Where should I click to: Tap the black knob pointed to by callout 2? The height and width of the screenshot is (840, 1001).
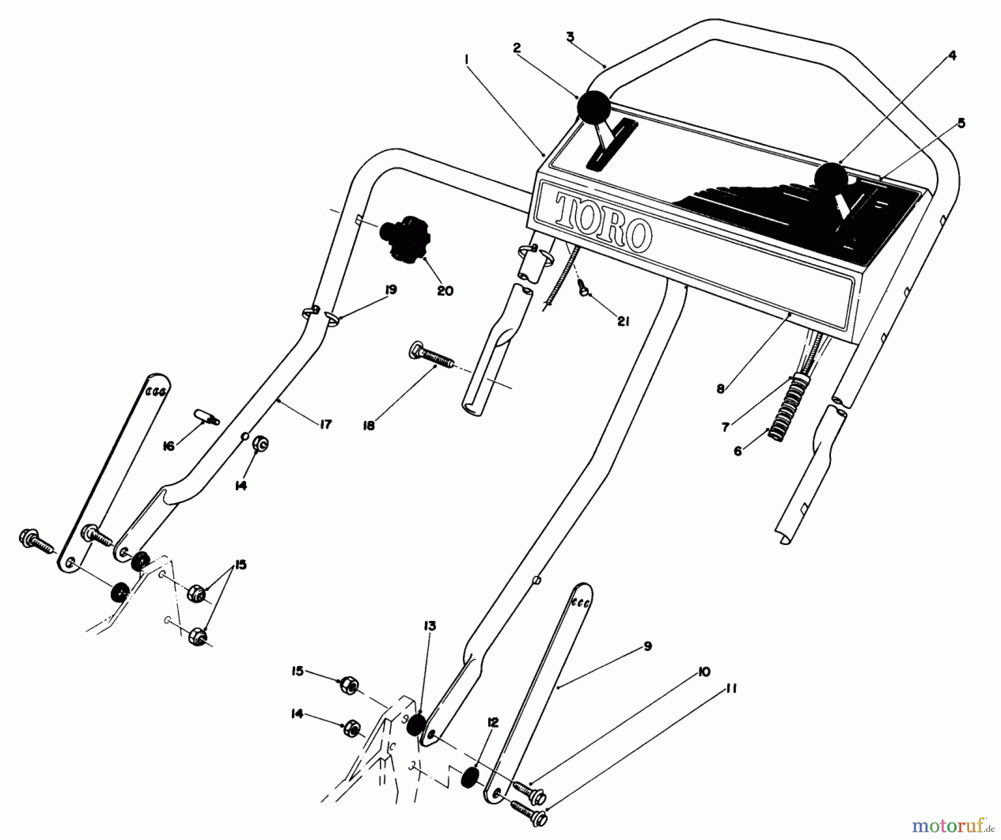[x=593, y=106]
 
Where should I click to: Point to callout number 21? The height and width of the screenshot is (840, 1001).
[x=623, y=321]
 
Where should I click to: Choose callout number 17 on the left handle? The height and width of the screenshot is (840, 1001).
[x=326, y=424]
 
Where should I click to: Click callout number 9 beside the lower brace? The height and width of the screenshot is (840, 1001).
[x=647, y=646]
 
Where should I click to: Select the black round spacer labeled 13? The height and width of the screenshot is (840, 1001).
[x=417, y=725]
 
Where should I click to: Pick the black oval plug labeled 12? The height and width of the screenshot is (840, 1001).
[x=471, y=777]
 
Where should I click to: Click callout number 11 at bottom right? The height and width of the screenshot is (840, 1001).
[x=732, y=689]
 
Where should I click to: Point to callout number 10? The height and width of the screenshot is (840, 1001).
[x=704, y=672]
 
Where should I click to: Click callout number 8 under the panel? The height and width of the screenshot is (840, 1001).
[x=721, y=389]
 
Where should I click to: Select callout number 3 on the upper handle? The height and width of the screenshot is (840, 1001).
[x=570, y=37]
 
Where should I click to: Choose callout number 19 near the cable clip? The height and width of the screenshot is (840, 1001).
[x=391, y=290]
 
